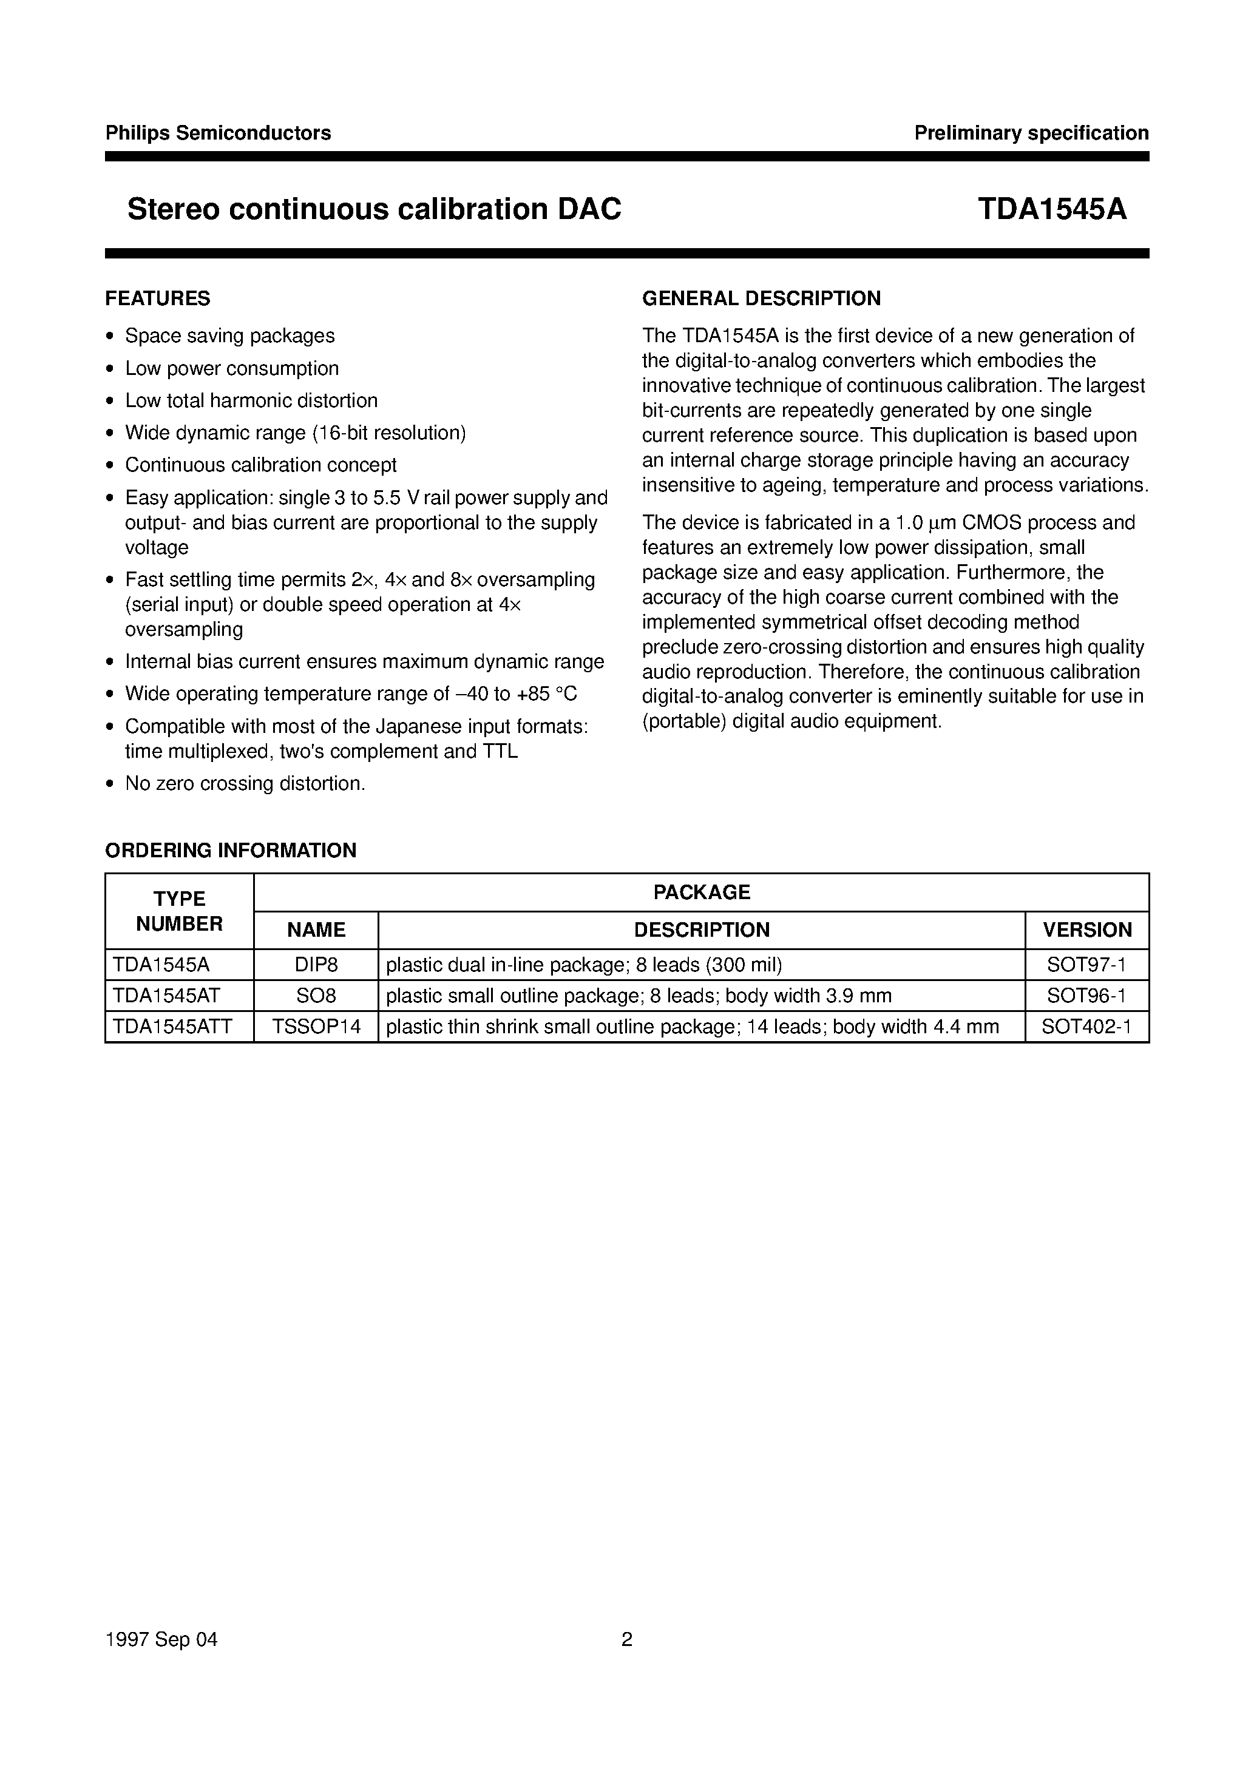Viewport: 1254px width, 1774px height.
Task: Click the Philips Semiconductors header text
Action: pyautogui.click(x=218, y=133)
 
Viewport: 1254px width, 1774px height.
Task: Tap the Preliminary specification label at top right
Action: pyautogui.click(x=1031, y=133)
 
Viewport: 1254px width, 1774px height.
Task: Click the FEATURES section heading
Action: pyautogui.click(x=158, y=298)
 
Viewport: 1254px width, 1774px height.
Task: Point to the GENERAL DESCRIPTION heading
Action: pyautogui.click(x=762, y=298)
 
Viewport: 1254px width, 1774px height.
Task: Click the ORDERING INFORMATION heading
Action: pyautogui.click(x=231, y=851)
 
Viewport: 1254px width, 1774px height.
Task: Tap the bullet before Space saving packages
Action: pyautogui.click(x=110, y=337)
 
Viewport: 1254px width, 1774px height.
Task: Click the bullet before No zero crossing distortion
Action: pyautogui.click(x=110, y=785)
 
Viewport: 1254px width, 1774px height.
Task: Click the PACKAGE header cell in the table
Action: pyautogui.click(x=701, y=892)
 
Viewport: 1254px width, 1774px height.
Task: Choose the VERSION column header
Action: pyautogui.click(x=1087, y=930)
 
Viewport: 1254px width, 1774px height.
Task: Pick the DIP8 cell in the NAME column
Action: pyautogui.click(x=316, y=965)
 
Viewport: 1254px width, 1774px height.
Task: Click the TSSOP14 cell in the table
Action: pyautogui.click(x=316, y=1028)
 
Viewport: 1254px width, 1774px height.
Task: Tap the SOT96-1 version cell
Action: pyautogui.click(x=1086, y=996)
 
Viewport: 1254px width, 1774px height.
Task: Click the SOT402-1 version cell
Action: pyautogui.click(x=1086, y=1028)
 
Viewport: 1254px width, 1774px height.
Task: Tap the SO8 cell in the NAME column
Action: pyautogui.click(x=316, y=996)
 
